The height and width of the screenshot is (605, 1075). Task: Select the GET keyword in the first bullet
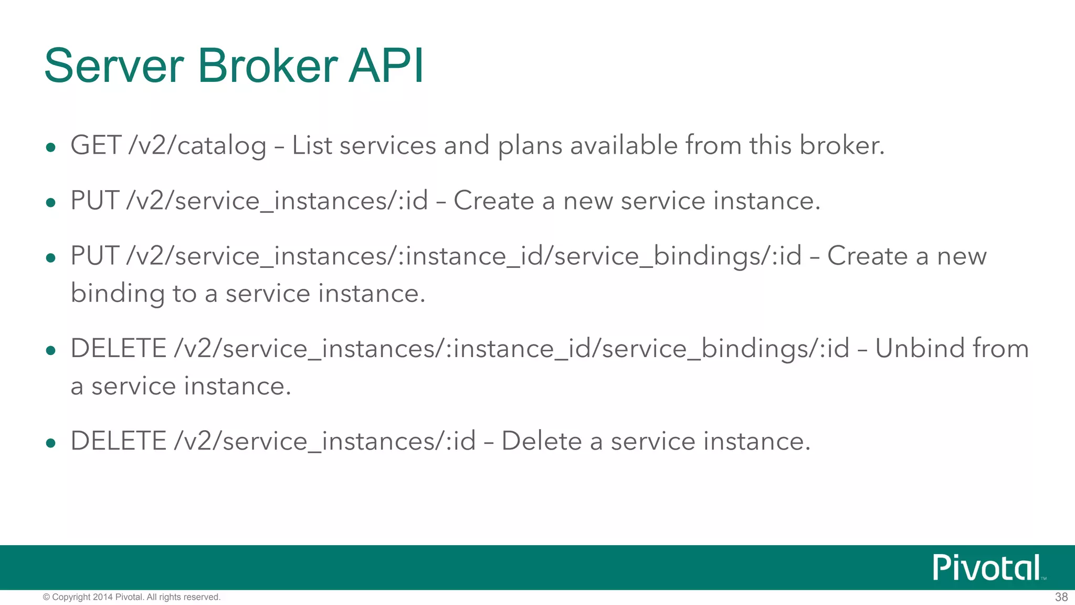coord(96,145)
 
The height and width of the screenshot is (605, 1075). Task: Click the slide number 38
coord(1061,597)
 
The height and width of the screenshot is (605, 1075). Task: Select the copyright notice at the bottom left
coord(131,597)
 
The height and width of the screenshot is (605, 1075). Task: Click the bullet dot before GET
coord(51,148)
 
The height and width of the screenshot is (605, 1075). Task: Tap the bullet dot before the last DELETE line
coord(51,443)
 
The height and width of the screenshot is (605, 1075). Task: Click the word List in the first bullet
coord(312,145)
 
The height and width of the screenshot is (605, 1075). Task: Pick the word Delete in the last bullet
coord(541,441)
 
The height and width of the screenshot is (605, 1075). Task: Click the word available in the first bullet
coord(624,145)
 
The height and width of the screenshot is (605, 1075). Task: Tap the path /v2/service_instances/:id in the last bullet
coord(325,441)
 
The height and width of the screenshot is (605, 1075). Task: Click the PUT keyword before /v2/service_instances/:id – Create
coord(94,201)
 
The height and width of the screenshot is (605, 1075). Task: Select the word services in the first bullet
coord(387,145)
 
